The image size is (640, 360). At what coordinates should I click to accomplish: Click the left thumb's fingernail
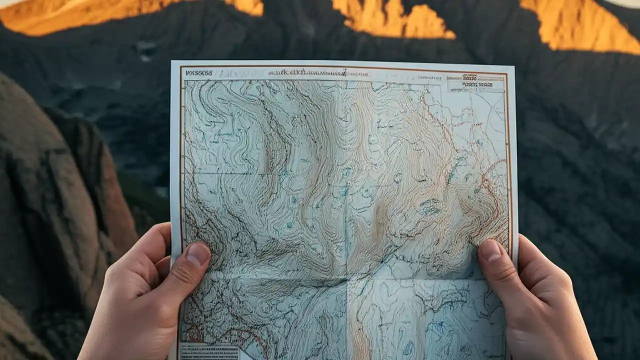pyautogui.click(x=198, y=254)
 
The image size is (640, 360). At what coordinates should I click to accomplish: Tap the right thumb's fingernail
pyautogui.click(x=490, y=250)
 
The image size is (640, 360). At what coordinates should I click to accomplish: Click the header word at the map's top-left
pyautogui.click(x=199, y=73)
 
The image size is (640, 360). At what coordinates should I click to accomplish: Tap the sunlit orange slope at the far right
pyautogui.click(x=580, y=25)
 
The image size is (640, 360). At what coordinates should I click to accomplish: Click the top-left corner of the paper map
pyautogui.click(x=172, y=62)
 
